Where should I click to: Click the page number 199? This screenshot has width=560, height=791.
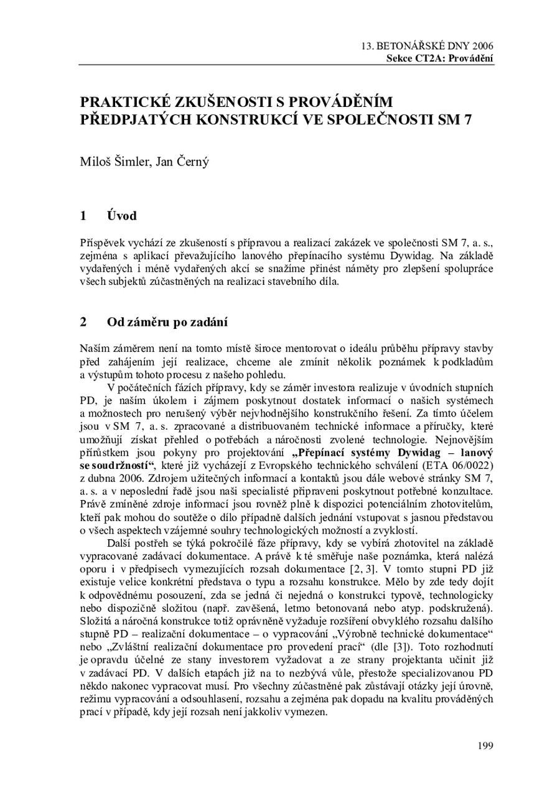[485, 746]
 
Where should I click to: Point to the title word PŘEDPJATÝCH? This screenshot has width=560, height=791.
[135, 119]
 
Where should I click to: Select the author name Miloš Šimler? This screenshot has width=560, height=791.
[111, 163]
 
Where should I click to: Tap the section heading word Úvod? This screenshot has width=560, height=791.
[121, 216]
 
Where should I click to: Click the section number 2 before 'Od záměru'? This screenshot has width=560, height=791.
[83, 321]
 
